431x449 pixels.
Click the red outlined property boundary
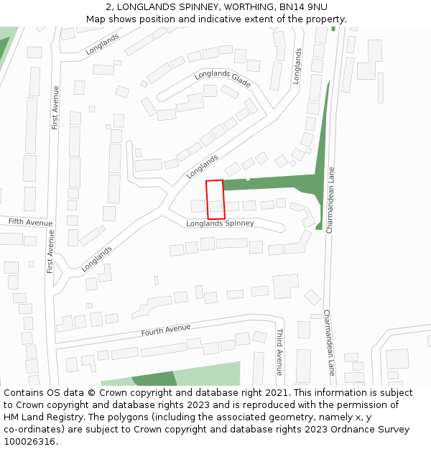click(x=215, y=200)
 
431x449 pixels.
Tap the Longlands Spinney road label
click(x=220, y=223)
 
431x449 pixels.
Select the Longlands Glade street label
click(x=222, y=78)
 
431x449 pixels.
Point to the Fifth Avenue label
click(x=31, y=223)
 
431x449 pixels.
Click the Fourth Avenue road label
click(x=166, y=330)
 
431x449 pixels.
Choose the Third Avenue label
click(x=279, y=353)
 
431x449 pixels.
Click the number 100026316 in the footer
click(x=29, y=442)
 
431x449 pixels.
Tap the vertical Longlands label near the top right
click(x=297, y=66)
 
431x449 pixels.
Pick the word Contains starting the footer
click(x=24, y=393)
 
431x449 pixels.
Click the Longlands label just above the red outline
click(x=202, y=167)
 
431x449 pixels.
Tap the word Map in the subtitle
click(x=96, y=19)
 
